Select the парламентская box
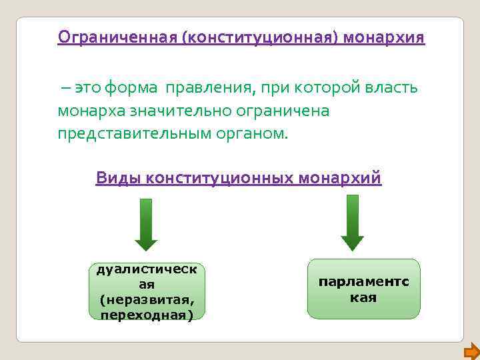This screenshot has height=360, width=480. pyautogui.click(x=363, y=289)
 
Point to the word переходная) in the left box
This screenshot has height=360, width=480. pyautogui.click(x=147, y=315)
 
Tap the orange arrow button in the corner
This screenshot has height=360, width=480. pyautogui.click(x=471, y=351)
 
